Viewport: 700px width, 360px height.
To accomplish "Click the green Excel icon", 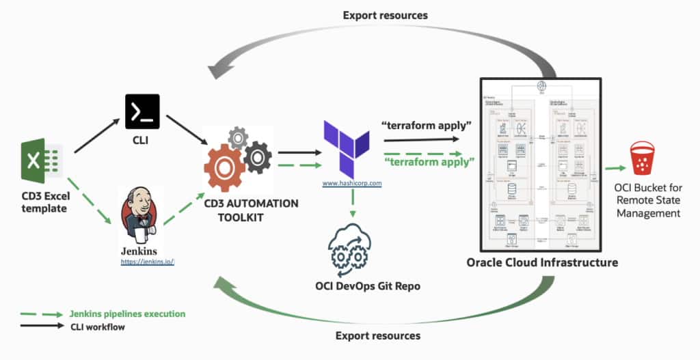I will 42,161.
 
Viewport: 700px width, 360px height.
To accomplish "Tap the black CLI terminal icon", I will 142,111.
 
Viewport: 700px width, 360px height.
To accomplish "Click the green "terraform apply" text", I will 429,162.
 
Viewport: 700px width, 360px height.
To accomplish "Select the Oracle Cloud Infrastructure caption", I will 542,262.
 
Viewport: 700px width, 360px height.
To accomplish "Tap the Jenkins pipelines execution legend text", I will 128,314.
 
